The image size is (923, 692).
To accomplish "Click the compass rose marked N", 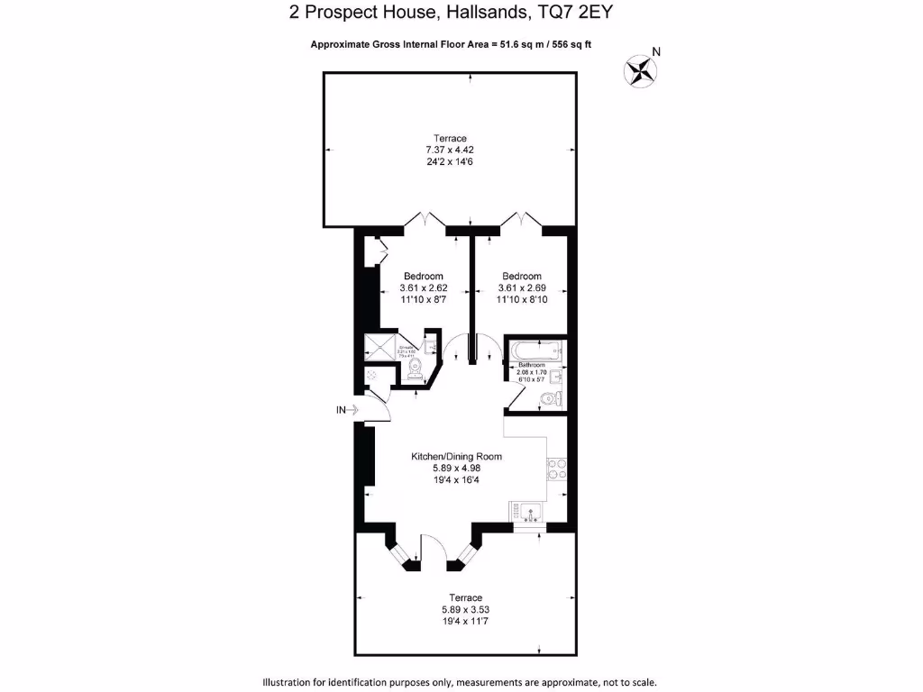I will [x=641, y=70].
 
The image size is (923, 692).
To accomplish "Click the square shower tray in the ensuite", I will [x=379, y=348].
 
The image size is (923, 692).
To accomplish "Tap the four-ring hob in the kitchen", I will [x=555, y=469].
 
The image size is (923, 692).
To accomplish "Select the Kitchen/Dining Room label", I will [x=456, y=457].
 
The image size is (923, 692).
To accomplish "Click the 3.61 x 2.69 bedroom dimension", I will [x=522, y=288].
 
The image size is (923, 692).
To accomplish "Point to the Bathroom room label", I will [x=531, y=365].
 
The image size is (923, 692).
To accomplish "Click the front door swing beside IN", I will [x=380, y=407].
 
